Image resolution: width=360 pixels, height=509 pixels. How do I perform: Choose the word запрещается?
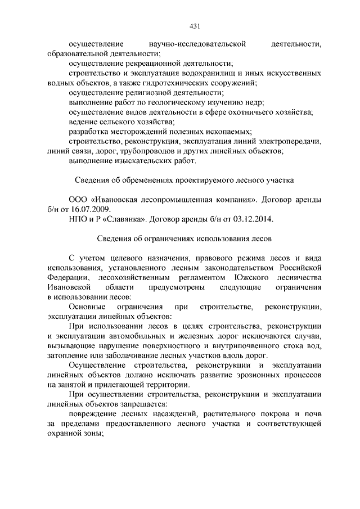point(143,404)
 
